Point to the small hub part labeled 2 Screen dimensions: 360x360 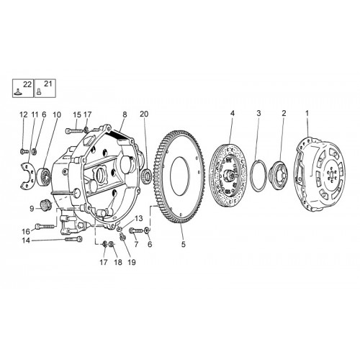(x=279, y=174)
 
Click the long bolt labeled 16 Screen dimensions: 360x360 (x=45, y=226)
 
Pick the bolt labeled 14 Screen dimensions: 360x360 (x=73, y=239)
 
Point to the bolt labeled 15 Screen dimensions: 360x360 (x=74, y=131)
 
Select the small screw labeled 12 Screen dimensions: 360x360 (x=24, y=151)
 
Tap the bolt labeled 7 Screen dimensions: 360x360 (x=136, y=230)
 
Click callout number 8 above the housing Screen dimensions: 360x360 (x=125, y=114)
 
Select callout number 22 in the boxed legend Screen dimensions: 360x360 (x=27, y=84)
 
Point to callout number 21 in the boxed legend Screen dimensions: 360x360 (x=48, y=84)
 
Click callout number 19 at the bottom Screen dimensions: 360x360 (x=132, y=262)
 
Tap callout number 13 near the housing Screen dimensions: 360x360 (x=139, y=218)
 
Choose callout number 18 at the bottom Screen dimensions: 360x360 (x=118, y=262)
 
